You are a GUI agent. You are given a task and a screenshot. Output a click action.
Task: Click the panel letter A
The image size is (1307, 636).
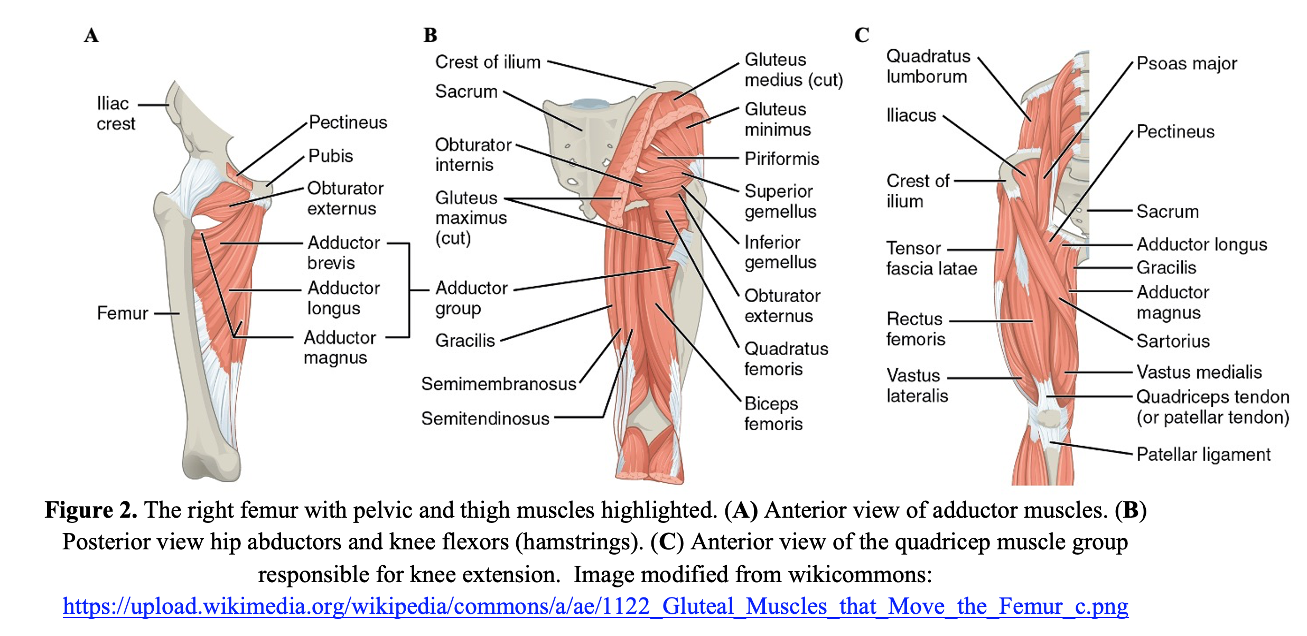91,35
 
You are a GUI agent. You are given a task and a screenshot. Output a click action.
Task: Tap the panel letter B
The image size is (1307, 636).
431,35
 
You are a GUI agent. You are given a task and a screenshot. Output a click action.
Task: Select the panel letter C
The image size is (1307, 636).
862,35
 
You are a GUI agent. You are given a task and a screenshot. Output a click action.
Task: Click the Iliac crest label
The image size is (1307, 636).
116,113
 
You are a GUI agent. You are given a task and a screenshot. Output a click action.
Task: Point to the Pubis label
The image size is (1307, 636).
331,156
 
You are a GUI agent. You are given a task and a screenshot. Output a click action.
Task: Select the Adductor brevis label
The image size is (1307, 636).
343,252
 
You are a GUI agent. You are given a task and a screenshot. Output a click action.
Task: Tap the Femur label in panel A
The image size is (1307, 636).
123,313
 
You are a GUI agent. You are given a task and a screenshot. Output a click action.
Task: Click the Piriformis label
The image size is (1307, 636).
782,158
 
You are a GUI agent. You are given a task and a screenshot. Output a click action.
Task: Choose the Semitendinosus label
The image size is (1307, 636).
486,418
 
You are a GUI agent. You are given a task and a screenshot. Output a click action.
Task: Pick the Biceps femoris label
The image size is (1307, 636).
773,414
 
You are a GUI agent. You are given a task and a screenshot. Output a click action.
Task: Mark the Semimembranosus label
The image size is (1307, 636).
499,384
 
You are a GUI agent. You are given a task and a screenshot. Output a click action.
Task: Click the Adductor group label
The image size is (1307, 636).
471,298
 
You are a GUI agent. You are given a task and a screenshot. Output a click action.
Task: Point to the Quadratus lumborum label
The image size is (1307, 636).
928,66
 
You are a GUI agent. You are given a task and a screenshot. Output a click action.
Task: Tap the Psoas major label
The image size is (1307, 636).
1187,63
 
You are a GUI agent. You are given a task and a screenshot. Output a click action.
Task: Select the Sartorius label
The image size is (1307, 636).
1173,341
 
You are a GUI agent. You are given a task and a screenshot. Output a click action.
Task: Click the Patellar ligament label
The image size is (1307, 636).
1203,454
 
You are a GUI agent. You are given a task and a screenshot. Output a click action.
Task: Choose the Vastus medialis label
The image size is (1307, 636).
1199,372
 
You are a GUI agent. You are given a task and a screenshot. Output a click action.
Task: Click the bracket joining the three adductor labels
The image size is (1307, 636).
409,290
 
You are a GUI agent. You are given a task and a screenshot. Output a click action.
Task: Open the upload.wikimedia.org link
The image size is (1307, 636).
595,606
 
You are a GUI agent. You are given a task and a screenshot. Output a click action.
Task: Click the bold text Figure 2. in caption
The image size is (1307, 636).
91,510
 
